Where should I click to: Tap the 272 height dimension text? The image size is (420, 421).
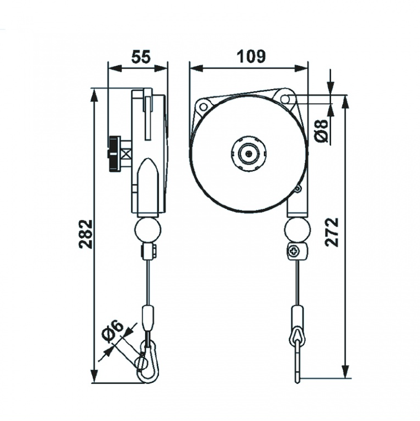pyautogui.click(x=332, y=232)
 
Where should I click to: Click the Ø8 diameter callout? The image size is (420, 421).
pyautogui.click(x=323, y=130)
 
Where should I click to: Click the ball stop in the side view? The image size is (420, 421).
pyautogui.click(x=148, y=229)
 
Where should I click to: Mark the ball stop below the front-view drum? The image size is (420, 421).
pyautogui.click(x=298, y=229)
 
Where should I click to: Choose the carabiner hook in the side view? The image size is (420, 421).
pyautogui.click(x=147, y=362)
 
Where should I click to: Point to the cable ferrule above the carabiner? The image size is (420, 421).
pyautogui.click(x=148, y=317)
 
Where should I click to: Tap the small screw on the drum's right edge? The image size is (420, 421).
pyautogui.click(x=298, y=190)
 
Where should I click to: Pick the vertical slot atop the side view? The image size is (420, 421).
pyautogui.click(x=147, y=116)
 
